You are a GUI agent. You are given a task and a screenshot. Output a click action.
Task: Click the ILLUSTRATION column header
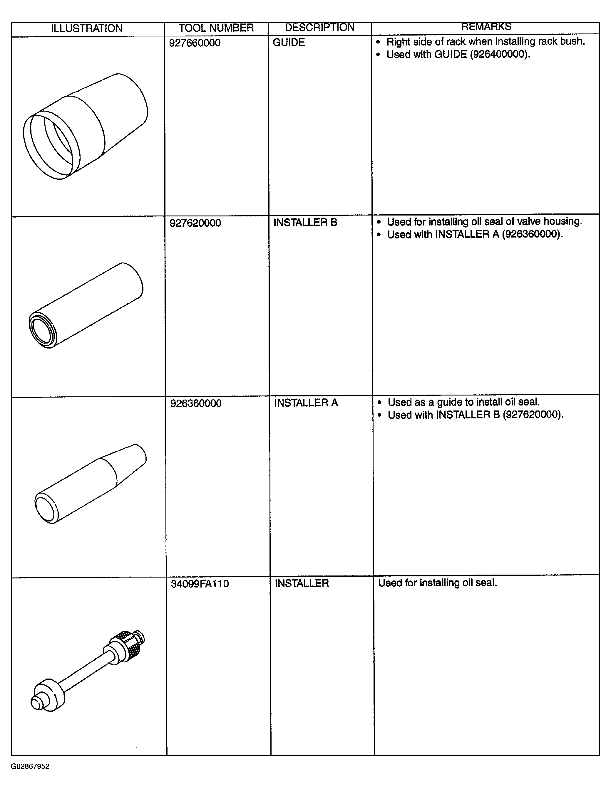pyautogui.click(x=87, y=28)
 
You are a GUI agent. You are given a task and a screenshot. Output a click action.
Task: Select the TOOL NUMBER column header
pyautogui.click(x=216, y=28)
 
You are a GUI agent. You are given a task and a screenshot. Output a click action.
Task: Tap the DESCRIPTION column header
pyautogui.click(x=319, y=28)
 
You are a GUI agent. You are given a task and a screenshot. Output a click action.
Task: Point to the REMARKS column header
pyautogui.click(x=486, y=27)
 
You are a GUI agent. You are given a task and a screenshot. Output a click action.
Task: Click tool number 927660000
pyautogui.click(x=195, y=43)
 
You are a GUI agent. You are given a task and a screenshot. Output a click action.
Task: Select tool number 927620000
pyautogui.click(x=195, y=223)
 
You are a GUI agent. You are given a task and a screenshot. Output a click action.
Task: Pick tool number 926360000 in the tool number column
pyautogui.click(x=196, y=403)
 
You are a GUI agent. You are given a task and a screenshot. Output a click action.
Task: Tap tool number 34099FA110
pyautogui.click(x=200, y=584)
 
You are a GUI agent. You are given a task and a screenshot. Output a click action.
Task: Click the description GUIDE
pyautogui.click(x=289, y=42)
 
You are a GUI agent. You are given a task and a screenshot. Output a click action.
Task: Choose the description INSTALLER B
pyautogui.click(x=305, y=222)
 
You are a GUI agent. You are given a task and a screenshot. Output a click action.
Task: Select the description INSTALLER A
pyautogui.click(x=306, y=403)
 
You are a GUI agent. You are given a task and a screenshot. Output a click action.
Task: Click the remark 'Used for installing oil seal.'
pyautogui.click(x=438, y=583)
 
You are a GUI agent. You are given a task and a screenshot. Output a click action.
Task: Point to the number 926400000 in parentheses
pyautogui.click(x=499, y=54)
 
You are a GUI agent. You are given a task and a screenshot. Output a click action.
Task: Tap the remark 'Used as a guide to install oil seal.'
pyautogui.click(x=464, y=402)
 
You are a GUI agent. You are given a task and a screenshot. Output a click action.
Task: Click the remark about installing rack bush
pyautogui.click(x=486, y=42)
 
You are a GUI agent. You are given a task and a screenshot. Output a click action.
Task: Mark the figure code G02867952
pyautogui.click(x=30, y=766)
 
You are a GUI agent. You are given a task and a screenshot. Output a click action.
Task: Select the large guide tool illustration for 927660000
pyautogui.click(x=86, y=126)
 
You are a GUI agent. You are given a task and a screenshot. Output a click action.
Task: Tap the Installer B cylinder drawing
pyautogui.click(x=86, y=305)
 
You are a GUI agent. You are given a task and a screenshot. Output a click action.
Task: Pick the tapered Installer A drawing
pyautogui.click(x=91, y=484)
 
